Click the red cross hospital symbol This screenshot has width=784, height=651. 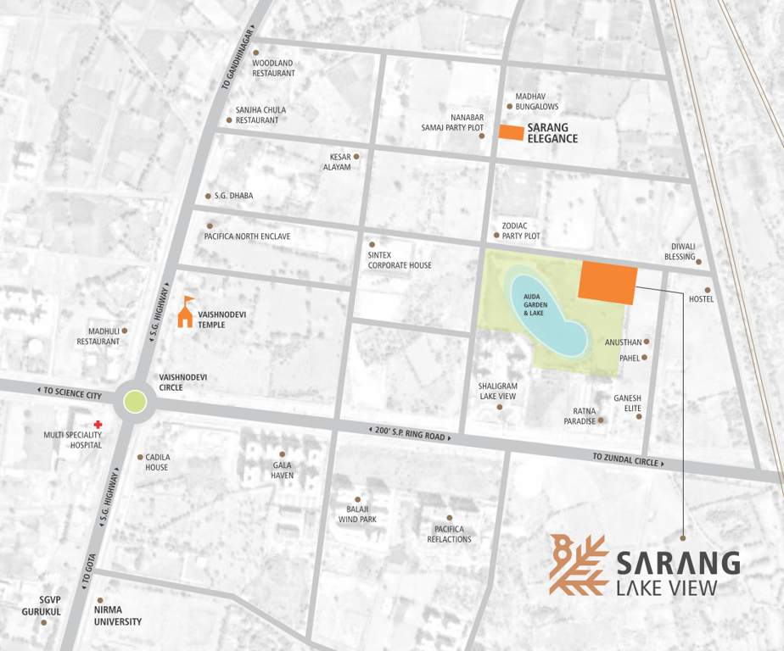tap(98, 424)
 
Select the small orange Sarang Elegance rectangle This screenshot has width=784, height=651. tap(511, 132)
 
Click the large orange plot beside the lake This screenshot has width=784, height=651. tap(608, 282)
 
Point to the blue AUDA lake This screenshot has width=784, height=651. tap(546, 314)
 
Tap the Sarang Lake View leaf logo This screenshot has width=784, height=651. tap(578, 564)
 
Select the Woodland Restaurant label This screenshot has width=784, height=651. tap(273, 68)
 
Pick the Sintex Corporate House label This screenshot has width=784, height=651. tap(400, 260)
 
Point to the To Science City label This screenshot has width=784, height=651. tap(71, 394)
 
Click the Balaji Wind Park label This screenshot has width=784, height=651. tap(357, 514)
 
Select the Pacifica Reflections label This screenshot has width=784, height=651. tap(449, 534)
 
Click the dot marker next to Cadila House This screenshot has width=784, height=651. tap(140, 457)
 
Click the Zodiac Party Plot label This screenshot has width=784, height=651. tap(520, 231)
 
